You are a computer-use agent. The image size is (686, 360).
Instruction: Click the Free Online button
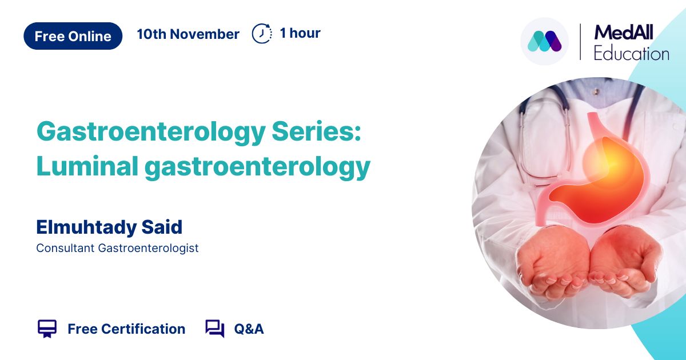(73, 36)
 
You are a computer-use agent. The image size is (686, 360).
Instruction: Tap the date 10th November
(188, 34)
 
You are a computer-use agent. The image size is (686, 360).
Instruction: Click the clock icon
(262, 33)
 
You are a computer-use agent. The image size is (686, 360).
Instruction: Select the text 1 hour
(300, 33)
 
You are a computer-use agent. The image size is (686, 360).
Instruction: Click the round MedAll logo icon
(544, 41)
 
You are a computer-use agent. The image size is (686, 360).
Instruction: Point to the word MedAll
(624, 33)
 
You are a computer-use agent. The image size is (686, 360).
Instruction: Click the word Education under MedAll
(632, 54)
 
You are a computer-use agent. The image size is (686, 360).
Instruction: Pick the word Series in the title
(316, 131)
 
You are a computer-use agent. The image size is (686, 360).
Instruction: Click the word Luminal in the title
(87, 166)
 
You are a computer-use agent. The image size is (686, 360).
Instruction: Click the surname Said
(162, 227)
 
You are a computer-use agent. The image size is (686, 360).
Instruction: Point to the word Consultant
(65, 248)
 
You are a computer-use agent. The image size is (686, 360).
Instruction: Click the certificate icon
(47, 329)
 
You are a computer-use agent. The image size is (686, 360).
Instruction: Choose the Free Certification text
(126, 329)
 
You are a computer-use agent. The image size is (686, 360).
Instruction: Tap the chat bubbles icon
(215, 329)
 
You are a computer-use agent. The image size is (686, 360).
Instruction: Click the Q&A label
(249, 329)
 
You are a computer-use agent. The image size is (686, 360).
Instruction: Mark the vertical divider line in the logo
(580, 42)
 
